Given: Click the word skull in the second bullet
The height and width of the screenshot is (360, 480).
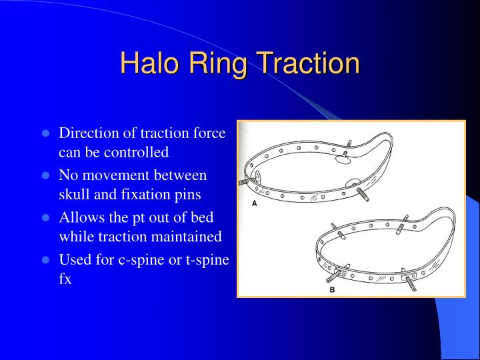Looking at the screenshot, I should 74,195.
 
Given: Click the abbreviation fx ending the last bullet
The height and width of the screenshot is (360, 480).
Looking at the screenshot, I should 65,279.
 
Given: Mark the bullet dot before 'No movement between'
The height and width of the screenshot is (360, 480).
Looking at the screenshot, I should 46,176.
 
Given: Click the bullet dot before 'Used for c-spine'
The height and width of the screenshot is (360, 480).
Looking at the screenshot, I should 46,260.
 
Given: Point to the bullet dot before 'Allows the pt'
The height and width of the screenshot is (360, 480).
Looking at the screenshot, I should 46,218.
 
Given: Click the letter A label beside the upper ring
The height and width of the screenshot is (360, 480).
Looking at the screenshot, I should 254,204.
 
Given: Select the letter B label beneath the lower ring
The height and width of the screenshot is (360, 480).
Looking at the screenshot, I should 331,291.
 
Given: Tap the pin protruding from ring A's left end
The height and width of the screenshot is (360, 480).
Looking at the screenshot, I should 243,181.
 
